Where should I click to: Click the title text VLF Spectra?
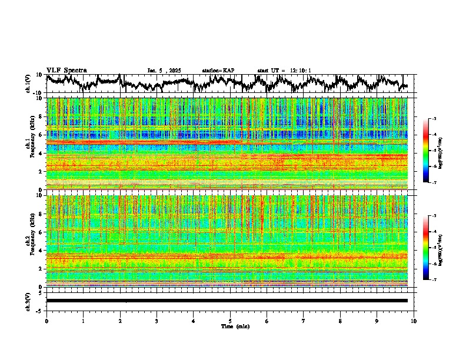pos(66,70)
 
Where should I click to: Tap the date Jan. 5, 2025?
pos(165,71)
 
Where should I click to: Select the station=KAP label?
pos(218,71)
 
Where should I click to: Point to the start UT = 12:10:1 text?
pos(284,71)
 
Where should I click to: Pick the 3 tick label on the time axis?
pos(157,321)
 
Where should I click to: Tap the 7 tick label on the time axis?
pos(304,321)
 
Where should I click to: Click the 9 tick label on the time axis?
pos(377,321)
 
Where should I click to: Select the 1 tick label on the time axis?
pos(83,321)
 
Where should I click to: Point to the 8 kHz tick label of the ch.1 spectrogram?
pos(41,116)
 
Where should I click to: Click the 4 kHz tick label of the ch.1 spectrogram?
pos(41,154)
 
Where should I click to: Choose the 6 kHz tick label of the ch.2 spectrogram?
pos(41,232)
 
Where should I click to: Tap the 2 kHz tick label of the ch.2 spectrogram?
pos(41,269)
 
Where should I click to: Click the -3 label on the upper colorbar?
pos(434,119)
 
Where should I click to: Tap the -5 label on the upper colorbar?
pos(434,151)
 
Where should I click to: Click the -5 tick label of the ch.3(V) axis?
pos(39,310)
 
